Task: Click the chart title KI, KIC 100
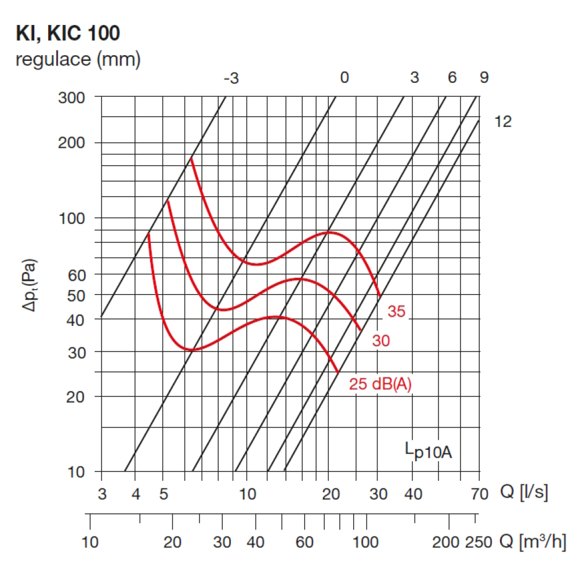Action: point(68,34)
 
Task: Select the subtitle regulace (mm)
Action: point(78,59)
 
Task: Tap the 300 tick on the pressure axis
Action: point(72,97)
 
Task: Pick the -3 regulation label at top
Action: point(231,78)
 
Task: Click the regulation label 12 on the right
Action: point(503,122)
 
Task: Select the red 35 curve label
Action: point(397,311)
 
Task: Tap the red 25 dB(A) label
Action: point(380,384)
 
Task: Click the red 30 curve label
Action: point(380,341)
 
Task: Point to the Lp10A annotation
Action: point(428,450)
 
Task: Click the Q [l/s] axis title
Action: point(524,493)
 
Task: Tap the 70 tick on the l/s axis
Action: point(479,494)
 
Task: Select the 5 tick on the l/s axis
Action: point(164,494)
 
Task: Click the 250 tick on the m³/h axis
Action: point(478,543)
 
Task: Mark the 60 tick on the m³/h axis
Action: point(304,543)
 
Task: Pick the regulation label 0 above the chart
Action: point(345,78)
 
